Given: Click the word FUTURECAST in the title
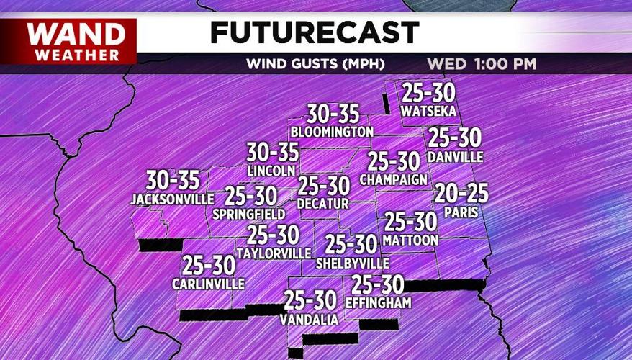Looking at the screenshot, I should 315,32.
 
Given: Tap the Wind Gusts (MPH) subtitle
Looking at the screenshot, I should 315,63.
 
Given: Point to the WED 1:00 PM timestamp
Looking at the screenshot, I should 482,63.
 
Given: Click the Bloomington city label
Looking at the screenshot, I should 333,132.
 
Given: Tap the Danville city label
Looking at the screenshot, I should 454,156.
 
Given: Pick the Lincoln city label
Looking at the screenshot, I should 271,171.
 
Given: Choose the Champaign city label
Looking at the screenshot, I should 393,179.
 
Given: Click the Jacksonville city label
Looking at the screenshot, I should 173,199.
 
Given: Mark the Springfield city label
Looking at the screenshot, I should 249,214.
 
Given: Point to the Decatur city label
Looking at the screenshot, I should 323,204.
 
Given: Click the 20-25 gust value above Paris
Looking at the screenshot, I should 461,193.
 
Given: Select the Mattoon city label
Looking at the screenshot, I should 410,240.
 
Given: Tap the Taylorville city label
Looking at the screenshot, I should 274,253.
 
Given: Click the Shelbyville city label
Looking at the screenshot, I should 353,264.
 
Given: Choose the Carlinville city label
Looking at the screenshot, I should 209,284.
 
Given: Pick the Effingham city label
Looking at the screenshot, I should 378,303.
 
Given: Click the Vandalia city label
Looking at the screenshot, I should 310,318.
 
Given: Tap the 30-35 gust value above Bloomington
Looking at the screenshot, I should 333,114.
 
